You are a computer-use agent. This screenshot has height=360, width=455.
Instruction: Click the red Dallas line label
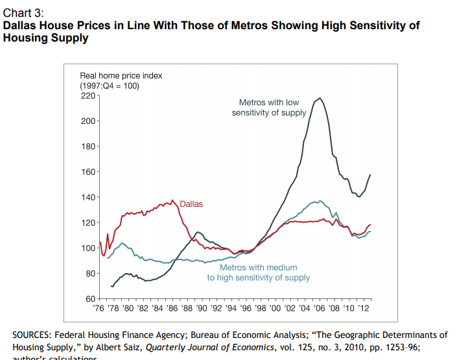(x=191, y=204)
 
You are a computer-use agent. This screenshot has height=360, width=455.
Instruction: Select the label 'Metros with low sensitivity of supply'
(x=269, y=108)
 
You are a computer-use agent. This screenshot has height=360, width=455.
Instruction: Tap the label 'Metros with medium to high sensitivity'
(x=259, y=272)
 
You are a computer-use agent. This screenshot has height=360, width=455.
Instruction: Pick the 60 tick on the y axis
(x=89, y=298)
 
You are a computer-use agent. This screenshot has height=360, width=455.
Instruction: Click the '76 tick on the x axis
(x=99, y=308)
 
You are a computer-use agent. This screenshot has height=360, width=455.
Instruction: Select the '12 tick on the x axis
(x=365, y=308)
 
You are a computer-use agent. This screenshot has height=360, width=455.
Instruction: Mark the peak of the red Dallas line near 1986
(x=172, y=200)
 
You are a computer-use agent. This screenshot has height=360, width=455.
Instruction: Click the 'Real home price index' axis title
(x=121, y=76)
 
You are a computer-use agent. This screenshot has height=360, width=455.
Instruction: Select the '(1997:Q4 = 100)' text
(x=110, y=86)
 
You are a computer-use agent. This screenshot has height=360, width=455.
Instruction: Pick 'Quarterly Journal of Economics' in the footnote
(x=203, y=347)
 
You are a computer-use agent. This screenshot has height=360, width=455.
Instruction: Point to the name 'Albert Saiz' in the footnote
(x=121, y=347)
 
